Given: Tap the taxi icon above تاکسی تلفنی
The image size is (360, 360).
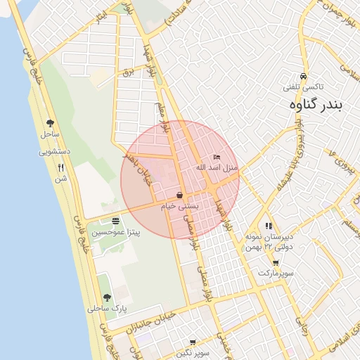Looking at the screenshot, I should (303, 76).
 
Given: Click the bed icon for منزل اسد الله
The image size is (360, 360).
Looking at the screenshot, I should (217, 157).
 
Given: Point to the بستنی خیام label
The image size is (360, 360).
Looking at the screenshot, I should (180, 205).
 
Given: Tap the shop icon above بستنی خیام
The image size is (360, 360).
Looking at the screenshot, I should (180, 195).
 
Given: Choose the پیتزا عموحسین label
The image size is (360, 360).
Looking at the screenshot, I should (115, 232).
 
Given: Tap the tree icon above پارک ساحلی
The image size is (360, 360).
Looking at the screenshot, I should (106, 298).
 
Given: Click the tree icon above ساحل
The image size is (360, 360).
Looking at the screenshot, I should (50, 122).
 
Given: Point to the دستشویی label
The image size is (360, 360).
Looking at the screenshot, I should (54, 150).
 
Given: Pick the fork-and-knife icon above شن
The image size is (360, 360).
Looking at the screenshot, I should (60, 168).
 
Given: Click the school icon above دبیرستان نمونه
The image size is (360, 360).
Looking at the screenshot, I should (269, 226).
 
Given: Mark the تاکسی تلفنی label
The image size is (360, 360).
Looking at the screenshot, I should (303, 87).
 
